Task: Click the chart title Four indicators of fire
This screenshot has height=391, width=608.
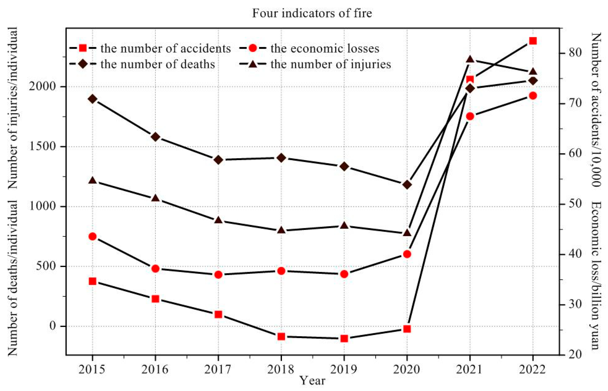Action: [312, 13]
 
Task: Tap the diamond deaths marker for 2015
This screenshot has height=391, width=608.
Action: [92, 99]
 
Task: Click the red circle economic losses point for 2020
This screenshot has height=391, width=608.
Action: [407, 254]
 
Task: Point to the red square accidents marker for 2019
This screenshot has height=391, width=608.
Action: [344, 338]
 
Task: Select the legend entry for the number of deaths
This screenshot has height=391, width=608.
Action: [158, 64]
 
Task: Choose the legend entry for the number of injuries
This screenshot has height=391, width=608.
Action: [330, 64]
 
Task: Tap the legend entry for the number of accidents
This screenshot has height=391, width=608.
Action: [165, 48]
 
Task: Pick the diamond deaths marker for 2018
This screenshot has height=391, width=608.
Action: [281, 158]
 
